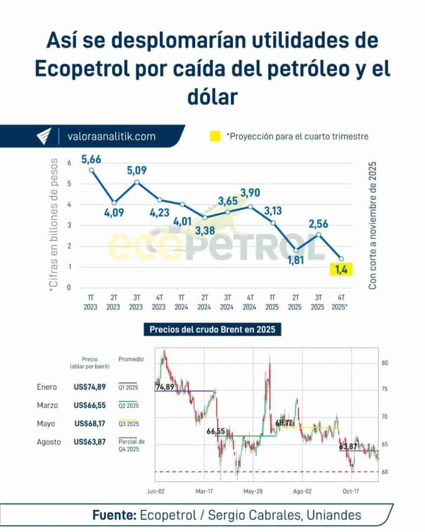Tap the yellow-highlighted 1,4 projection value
click(340, 269)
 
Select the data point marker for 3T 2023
click(136, 182)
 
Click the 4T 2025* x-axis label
click(340, 302)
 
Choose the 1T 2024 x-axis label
click(182, 302)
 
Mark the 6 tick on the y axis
click(68, 163)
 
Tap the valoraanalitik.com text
click(112, 137)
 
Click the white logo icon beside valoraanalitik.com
click(44, 136)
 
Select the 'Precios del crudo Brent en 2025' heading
click(212, 329)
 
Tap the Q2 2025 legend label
click(128, 405)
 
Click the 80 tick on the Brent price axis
click(385, 363)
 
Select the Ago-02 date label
click(302, 490)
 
